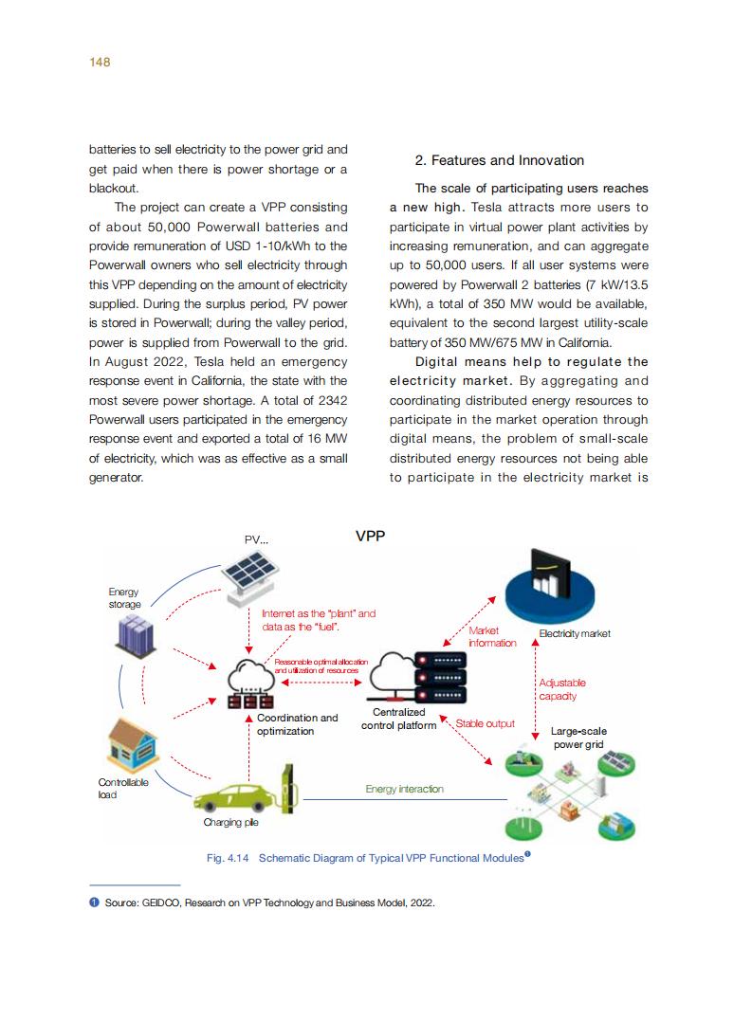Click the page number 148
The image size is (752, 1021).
click(x=100, y=62)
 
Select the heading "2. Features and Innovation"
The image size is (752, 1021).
click(x=500, y=160)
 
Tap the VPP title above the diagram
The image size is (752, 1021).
click(x=370, y=536)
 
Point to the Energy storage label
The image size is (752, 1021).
click(x=124, y=598)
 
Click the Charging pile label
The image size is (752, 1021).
click(x=230, y=823)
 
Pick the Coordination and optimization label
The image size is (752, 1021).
click(x=296, y=724)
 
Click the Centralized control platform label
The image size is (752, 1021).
click(x=398, y=719)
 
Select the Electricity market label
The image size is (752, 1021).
click(x=575, y=633)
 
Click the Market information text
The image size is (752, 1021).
click(x=491, y=636)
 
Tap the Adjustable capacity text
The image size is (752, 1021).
click(x=561, y=689)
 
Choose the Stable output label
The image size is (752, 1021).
click(x=485, y=723)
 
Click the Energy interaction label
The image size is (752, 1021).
click(x=404, y=789)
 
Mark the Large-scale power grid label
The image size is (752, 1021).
click(x=578, y=738)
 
